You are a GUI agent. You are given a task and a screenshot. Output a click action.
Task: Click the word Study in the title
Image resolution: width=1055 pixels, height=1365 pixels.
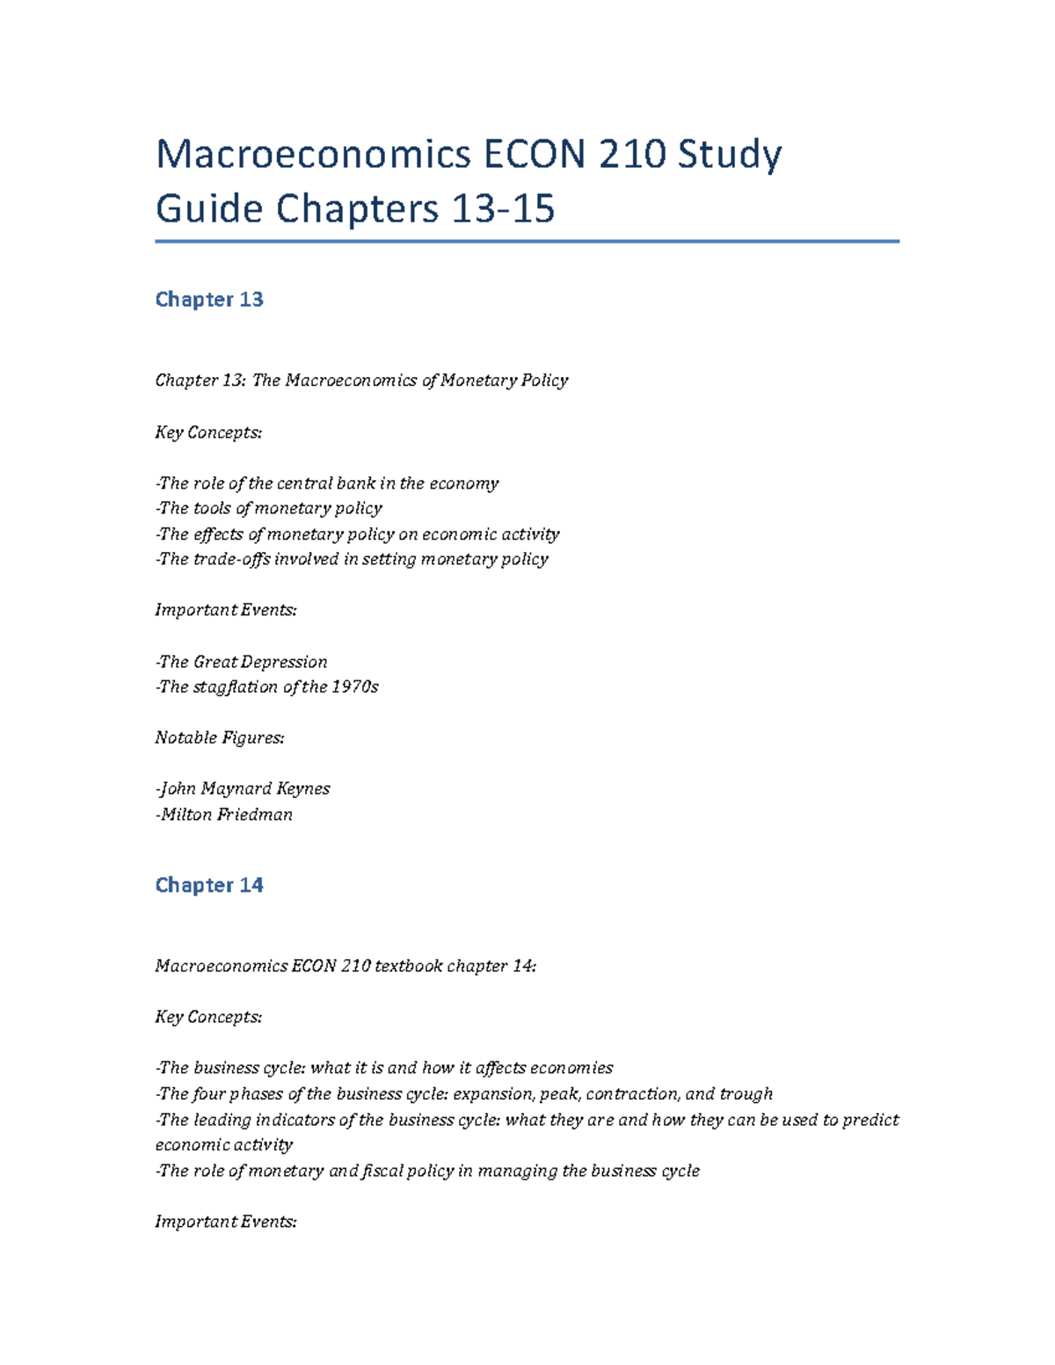point(729,156)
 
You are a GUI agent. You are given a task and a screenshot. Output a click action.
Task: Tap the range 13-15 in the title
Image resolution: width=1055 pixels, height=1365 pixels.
point(502,209)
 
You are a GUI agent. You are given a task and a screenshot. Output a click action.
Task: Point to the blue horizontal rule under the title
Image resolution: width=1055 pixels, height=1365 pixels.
point(527,241)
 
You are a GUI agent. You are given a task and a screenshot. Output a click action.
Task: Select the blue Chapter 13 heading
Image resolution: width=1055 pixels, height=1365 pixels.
point(209,300)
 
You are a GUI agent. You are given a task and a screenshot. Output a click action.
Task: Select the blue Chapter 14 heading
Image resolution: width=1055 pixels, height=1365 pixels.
point(209,885)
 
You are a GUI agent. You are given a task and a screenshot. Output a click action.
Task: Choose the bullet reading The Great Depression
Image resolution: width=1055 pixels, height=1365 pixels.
point(241,662)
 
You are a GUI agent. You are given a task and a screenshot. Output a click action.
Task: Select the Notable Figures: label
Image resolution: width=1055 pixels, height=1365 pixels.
point(220,738)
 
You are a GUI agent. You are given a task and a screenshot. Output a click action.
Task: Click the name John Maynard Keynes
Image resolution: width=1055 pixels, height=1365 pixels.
point(244,789)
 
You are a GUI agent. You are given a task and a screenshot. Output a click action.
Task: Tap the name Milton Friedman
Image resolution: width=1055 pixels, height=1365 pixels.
point(225,815)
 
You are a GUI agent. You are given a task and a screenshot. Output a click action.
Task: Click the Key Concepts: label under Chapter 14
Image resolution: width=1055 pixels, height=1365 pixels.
point(208,1018)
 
